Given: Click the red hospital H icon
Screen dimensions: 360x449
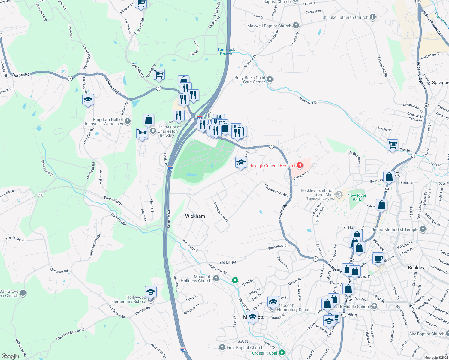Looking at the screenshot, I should coord(300,165).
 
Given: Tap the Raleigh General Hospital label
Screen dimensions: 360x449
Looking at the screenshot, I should coord(272,166).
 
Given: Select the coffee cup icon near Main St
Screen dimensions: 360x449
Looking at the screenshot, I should coord(378,259).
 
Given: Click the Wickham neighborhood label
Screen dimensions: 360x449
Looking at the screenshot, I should coord(195,216).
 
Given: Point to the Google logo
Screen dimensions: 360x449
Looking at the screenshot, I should coord(10,356).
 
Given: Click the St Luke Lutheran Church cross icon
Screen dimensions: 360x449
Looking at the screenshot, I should coord(373,17).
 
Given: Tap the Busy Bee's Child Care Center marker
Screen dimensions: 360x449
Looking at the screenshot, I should coord(270,79).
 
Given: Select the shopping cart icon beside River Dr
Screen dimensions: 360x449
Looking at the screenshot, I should coord(393,145).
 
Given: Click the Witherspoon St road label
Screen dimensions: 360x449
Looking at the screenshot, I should coord(221,212).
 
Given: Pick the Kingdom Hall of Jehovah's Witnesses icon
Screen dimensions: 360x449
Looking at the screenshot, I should coord(128,121).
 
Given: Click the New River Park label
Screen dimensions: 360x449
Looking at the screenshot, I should coord(357,197).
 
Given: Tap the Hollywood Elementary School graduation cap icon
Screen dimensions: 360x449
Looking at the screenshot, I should coord(151,292).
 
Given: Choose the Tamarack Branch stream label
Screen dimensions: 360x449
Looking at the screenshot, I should coord(226,52).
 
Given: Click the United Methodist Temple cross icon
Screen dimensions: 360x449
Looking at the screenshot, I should coord(423,229).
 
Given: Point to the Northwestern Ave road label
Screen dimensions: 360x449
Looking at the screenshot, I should coord(276,190).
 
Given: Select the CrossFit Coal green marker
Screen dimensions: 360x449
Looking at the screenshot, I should coord(282,353).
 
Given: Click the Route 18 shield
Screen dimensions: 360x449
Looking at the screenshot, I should coord(41,195).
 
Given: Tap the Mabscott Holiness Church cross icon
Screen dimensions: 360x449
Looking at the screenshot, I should coord(216,279).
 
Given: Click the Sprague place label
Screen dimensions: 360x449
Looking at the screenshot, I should coord(440,82).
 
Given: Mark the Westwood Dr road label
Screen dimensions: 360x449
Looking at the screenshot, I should coord(278,246).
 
